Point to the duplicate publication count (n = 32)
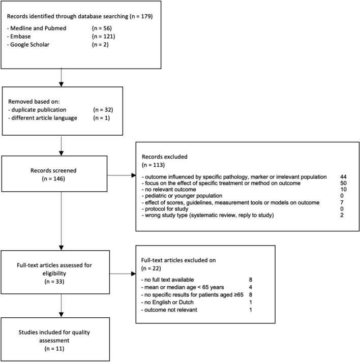106,109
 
